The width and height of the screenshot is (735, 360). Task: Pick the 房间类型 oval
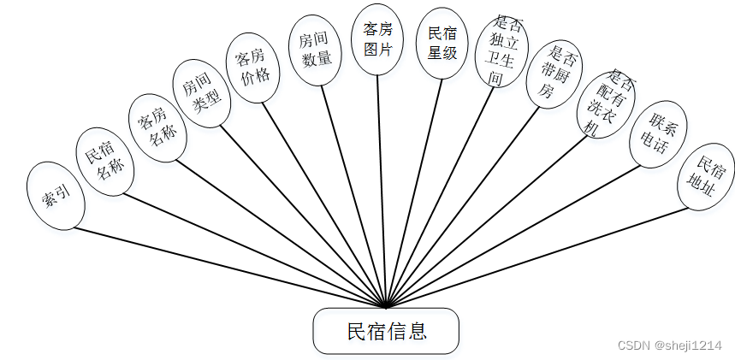(x=202, y=92)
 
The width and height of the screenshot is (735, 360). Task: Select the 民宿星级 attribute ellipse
(x=442, y=44)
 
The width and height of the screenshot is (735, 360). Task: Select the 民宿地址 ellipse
(x=706, y=176)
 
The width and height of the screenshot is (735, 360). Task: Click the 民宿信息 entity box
(x=386, y=331)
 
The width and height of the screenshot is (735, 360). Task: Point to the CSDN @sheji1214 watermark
(x=670, y=344)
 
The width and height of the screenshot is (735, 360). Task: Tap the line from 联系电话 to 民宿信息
(x=513, y=235)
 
